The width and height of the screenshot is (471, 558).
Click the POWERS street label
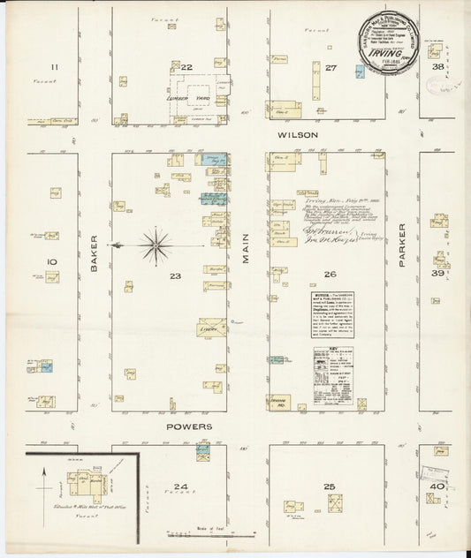[x=189, y=426]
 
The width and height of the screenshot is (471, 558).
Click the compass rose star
[x=156, y=245]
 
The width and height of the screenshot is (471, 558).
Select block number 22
[x=186, y=67]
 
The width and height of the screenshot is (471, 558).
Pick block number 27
[x=330, y=67]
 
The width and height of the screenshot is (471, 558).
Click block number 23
[x=176, y=276]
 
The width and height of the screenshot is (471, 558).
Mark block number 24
[x=180, y=486]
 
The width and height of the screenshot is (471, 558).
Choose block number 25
[x=330, y=486]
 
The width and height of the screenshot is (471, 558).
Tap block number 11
[x=54, y=67]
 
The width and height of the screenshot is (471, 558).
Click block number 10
[x=52, y=261]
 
